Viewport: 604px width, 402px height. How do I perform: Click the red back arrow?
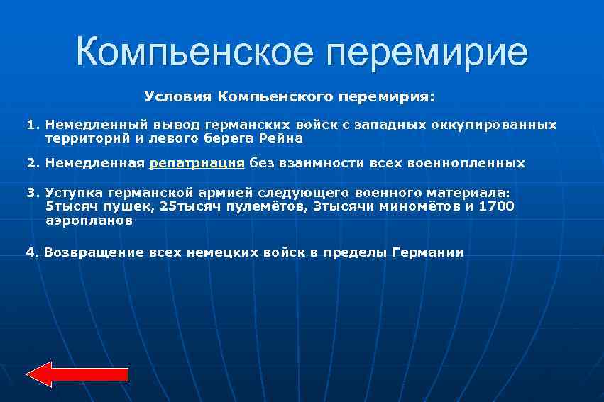(76, 374)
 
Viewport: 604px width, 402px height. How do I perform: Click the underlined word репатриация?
(197, 163)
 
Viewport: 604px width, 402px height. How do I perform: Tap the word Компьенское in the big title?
(190, 52)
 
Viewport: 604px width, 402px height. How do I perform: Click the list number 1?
(31, 125)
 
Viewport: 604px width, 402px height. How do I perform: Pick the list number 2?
(31, 163)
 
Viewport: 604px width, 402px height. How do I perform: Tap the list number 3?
(31, 192)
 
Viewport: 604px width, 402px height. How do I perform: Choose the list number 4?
(30, 252)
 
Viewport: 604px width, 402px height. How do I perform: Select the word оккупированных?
(493, 125)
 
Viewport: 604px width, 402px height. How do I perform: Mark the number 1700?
(496, 206)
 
